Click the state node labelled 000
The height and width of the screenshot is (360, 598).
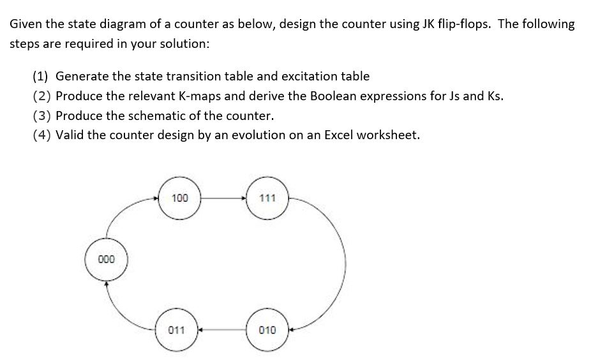107,260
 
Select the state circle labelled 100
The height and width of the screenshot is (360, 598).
180,199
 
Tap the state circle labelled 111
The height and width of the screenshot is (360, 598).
268,199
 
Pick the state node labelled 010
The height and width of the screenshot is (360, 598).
268,330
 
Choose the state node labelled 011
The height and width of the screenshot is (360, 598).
177,330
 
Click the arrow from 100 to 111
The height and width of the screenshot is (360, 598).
224,199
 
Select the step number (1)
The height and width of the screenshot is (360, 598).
41,77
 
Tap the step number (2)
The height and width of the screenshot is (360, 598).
41,96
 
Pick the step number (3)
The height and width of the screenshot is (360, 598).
41,116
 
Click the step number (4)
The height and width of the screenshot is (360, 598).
41,135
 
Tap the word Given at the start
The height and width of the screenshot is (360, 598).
26,24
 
